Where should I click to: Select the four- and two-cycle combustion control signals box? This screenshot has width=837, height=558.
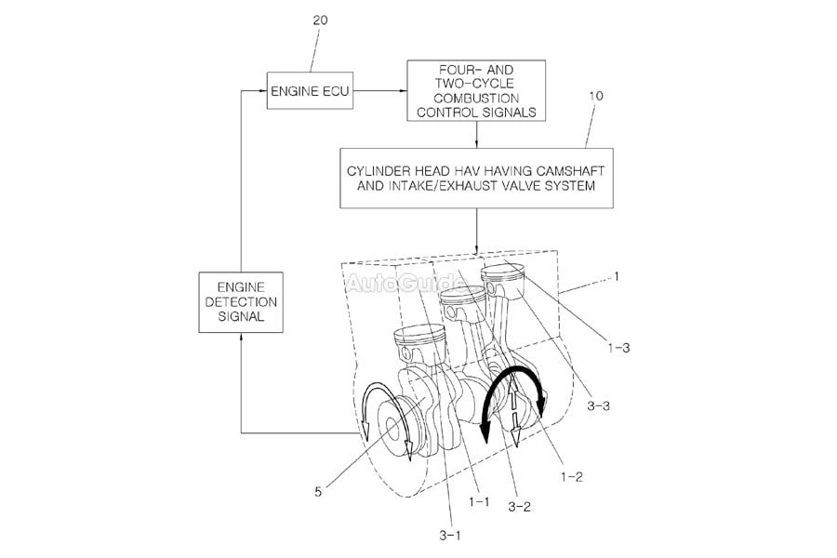point(476,91)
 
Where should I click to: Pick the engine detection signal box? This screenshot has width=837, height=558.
point(241,302)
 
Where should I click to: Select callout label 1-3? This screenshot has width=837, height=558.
point(618,347)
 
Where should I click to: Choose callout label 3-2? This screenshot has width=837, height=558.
point(520,508)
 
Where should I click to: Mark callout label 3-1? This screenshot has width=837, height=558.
point(449,534)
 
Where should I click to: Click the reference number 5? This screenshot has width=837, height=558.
point(318,492)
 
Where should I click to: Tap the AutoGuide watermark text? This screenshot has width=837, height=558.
point(405,282)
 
